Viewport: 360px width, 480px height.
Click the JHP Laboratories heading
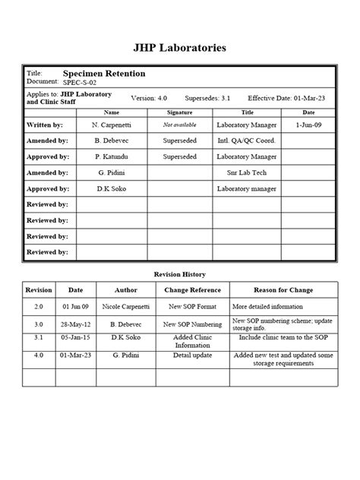(180, 48)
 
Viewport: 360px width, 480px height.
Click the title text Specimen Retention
(103, 74)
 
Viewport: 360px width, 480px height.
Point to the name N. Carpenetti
(112, 125)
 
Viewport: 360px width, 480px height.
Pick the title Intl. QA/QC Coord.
(246, 141)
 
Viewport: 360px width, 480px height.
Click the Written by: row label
(46, 125)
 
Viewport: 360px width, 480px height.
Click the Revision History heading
(180, 274)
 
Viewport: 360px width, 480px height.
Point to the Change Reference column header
(192, 290)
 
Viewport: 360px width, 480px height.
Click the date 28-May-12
(76, 324)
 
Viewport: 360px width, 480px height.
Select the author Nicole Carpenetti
(125, 307)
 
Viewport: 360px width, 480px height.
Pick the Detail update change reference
(192, 355)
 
